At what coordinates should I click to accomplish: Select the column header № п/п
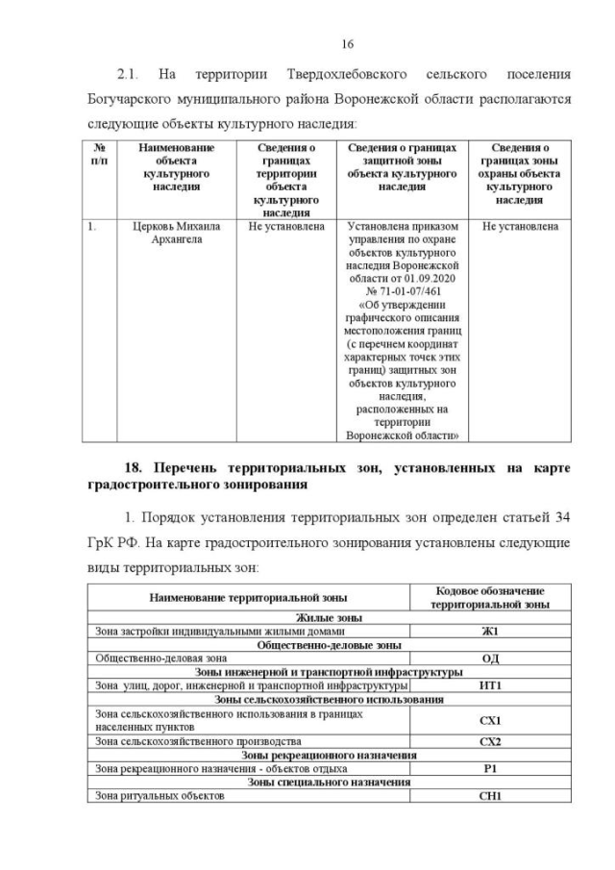click(x=99, y=155)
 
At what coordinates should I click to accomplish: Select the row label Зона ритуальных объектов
click(x=160, y=796)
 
